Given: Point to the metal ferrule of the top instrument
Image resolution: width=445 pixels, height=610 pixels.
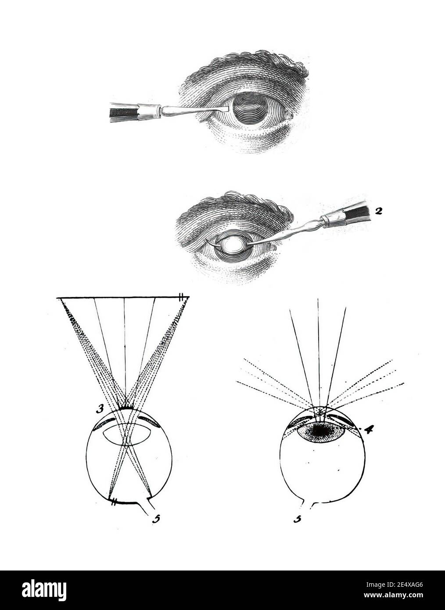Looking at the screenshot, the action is [x=149, y=112].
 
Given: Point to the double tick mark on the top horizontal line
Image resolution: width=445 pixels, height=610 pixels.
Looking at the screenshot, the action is [x=181, y=297].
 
